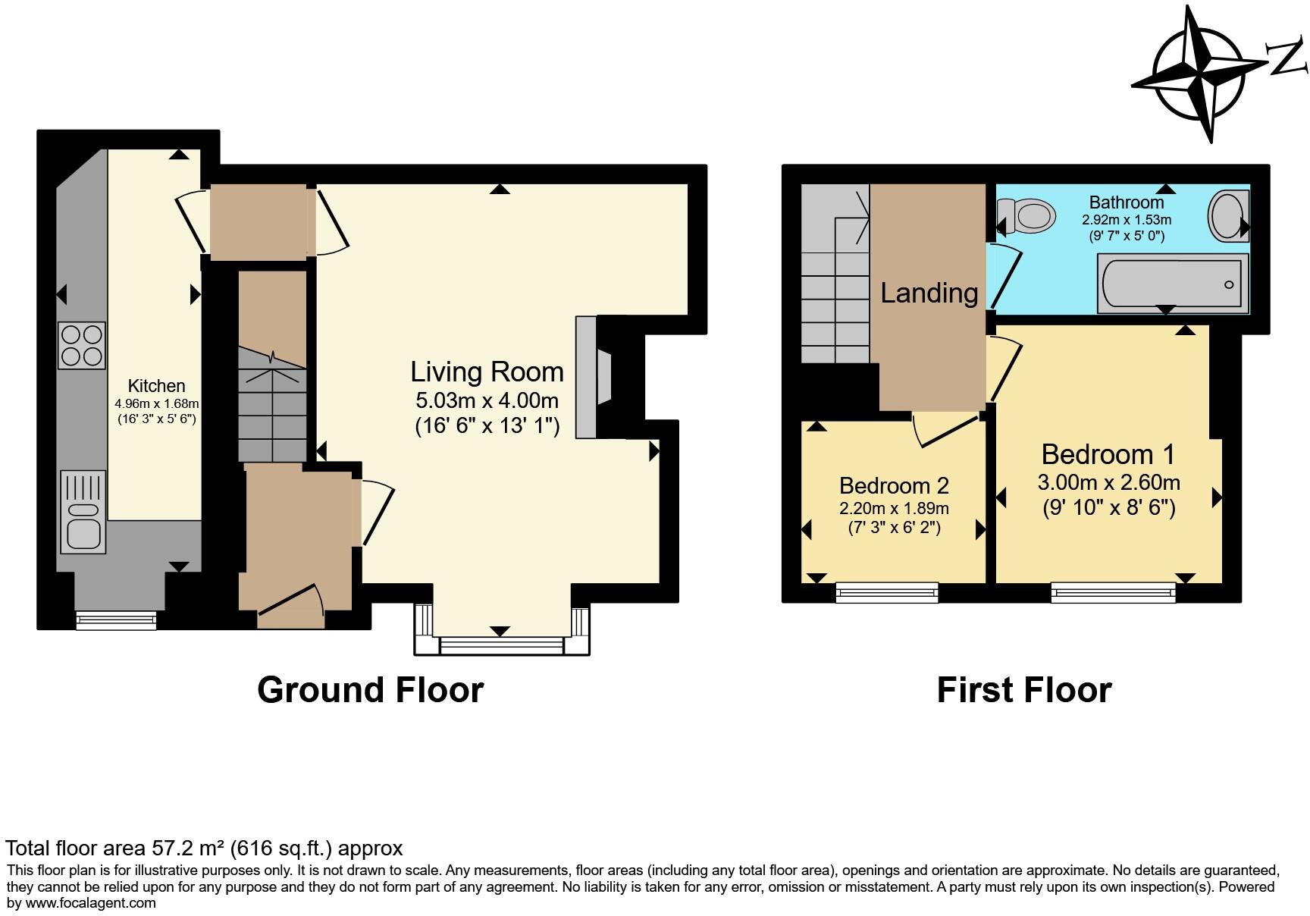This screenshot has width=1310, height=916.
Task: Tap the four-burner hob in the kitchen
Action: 81,346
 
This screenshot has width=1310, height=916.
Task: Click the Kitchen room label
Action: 156,385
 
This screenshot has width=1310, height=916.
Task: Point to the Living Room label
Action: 487,372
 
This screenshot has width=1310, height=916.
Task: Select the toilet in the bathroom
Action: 1028,215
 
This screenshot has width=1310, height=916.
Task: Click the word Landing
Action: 929,293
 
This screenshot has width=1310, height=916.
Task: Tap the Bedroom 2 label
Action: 894,485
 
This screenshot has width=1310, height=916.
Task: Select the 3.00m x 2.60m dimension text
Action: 1108,482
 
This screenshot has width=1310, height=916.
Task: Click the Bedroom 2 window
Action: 886,592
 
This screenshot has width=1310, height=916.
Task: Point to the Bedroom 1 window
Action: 1113,592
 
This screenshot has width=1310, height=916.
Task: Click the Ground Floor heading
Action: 370,690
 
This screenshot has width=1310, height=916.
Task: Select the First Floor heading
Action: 1023,690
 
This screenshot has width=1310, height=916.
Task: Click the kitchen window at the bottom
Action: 116,620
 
